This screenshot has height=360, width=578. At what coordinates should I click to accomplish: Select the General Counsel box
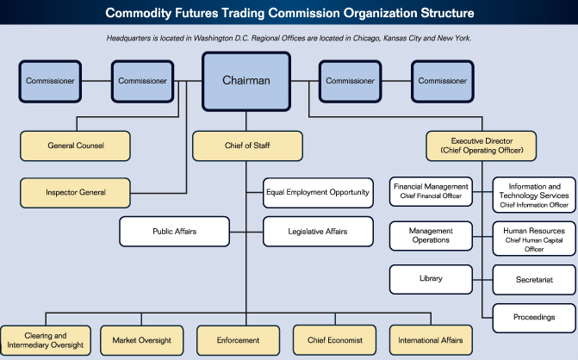point(76,146)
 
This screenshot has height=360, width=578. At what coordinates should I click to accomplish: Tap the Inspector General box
point(76,191)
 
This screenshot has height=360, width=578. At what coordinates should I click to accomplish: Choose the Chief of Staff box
point(248,146)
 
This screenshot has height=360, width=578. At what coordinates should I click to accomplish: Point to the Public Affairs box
point(175,231)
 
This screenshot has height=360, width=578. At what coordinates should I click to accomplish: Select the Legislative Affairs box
point(318,231)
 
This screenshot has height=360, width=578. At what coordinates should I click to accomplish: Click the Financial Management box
point(431,191)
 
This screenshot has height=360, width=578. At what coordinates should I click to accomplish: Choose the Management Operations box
point(431,235)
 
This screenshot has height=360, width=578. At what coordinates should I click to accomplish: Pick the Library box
point(431,279)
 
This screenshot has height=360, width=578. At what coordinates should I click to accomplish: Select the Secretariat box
point(534,279)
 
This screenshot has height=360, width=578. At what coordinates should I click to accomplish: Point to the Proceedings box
point(534,317)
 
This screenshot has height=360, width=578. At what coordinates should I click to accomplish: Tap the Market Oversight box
point(141,339)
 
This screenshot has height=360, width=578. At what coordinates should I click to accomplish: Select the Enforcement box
point(239,339)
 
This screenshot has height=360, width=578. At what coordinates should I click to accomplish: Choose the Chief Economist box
point(335,339)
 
